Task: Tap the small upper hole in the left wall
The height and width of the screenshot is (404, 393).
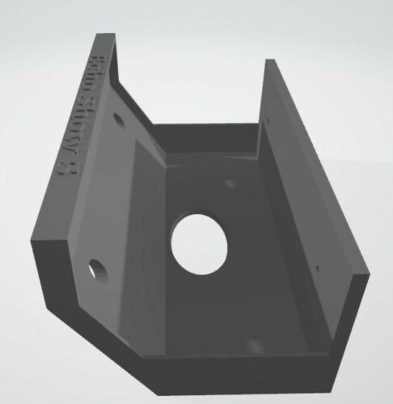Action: [118, 120]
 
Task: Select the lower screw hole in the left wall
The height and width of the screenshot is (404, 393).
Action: [98, 271]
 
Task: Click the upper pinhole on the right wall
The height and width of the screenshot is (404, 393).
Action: [268, 120]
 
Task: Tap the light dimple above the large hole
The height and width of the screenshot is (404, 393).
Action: [229, 184]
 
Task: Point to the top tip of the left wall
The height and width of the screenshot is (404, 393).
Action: [105, 36]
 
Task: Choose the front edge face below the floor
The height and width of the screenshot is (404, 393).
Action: [238, 376]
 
